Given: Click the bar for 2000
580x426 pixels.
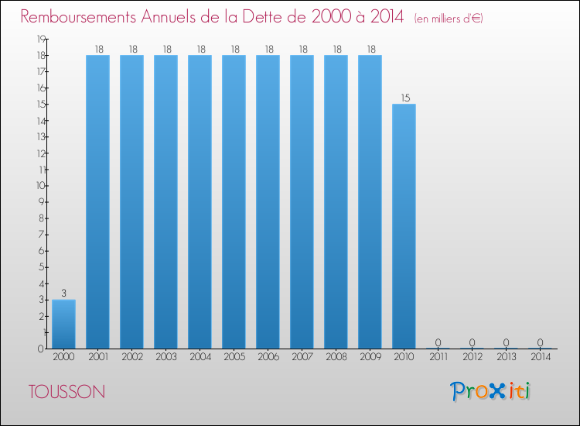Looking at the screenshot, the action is point(63,324).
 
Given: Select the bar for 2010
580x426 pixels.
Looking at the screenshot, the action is point(404,226).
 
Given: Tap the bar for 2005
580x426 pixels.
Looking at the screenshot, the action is point(234,202).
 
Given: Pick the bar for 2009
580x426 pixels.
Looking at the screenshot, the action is point(370,202).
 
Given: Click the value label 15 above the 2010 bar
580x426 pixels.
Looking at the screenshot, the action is point(405,98).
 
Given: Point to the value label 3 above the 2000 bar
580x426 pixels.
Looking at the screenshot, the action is point(63,294).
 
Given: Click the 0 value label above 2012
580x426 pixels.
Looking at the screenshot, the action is point(472,342).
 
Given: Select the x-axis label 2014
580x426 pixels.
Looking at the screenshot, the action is point(541,357).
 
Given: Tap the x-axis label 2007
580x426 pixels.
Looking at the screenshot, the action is point(302,357).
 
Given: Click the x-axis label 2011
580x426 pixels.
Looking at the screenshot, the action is point(438,357).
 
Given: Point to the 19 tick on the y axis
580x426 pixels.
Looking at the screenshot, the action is point(41,39).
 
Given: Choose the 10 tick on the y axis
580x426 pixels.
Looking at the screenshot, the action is point(41,186).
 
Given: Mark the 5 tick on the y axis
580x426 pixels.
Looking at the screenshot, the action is point(43,267).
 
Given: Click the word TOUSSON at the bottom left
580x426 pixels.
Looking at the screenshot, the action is point(67,392).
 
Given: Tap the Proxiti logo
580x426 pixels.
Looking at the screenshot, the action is point(490,391).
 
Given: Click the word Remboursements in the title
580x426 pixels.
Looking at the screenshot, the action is point(78,17).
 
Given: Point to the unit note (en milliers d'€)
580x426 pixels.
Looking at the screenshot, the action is point(449,19).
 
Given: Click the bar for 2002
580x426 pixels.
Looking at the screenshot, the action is point(131,202).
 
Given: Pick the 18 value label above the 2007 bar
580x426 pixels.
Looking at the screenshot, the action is point(303,50).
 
